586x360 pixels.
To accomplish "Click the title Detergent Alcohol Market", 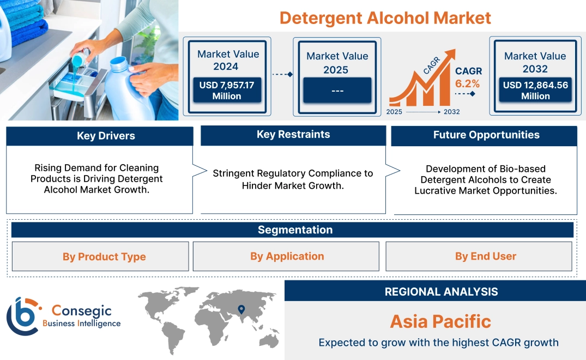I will click(385, 18).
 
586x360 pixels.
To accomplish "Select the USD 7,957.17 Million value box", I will click(226, 90).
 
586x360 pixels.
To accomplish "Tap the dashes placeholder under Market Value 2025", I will click(337, 91).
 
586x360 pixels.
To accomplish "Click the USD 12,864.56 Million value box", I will click(535, 90).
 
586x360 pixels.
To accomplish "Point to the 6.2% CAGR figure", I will click(467, 83).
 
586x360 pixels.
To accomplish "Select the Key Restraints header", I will click(293, 135).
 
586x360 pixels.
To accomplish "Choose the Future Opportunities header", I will click(486, 135).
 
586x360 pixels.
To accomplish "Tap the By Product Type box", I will click(104, 256).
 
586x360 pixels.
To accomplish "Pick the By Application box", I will click(287, 256).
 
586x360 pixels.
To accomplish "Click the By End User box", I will click(485, 256).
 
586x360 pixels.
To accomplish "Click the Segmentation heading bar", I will click(294, 230).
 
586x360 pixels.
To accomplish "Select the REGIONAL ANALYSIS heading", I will click(440, 291).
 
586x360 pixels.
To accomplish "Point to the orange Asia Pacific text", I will click(440, 321).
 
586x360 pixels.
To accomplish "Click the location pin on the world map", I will click(240, 310).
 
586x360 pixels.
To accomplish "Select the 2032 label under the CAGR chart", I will click(451, 112).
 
